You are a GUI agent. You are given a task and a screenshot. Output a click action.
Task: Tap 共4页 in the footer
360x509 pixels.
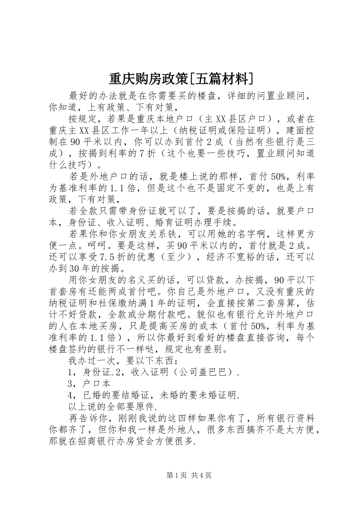click(x=201, y=475)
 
